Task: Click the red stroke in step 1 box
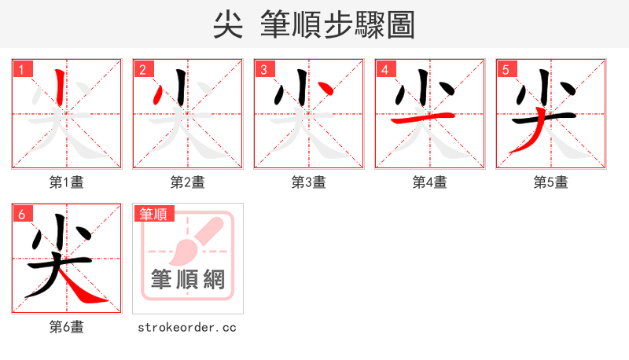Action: tap(61, 88)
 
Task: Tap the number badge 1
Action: tap(22, 69)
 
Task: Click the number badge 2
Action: tap(143, 69)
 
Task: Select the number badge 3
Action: tap(264, 69)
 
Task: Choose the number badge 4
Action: tap(385, 69)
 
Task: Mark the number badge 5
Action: tap(506, 69)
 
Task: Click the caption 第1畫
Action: tap(67, 182)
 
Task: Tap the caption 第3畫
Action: tap(309, 182)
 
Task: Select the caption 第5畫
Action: tap(551, 182)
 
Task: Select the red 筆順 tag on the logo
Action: tap(153, 214)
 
